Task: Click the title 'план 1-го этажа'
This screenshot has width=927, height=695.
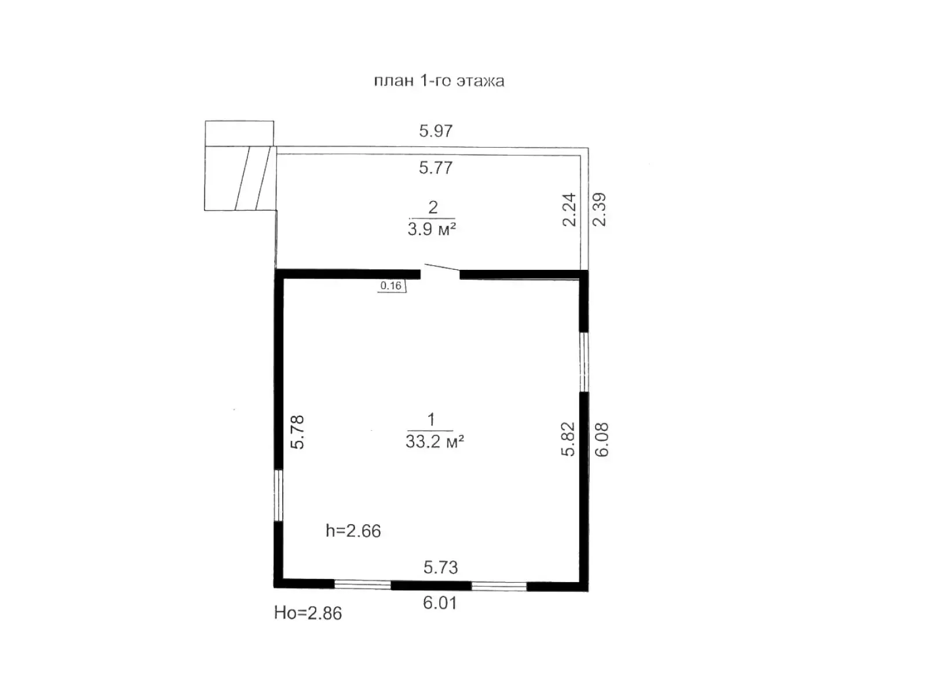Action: coord(439,81)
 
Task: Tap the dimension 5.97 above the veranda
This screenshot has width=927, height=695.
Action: coord(436,131)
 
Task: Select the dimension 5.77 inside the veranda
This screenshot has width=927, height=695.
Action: coord(436,168)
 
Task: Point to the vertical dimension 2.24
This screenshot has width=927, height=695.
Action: coord(570,210)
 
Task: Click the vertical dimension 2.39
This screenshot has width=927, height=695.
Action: coord(600,210)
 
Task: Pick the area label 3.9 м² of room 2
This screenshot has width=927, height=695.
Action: coord(431,229)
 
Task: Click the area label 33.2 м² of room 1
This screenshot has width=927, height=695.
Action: coord(435,442)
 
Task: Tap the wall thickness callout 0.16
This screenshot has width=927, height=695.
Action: coord(391,286)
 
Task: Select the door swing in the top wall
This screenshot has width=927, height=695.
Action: coord(440,269)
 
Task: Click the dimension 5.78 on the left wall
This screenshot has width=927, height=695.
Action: coord(297,432)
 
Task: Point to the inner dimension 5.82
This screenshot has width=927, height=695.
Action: coord(568,439)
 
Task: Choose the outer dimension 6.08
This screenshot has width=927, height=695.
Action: coord(602,440)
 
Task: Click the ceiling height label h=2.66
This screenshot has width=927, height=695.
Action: coord(353,531)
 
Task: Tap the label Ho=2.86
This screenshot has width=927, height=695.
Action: coord(308,613)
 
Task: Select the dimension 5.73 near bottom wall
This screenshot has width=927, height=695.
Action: coord(440,568)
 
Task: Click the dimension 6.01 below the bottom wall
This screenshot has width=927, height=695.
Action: coord(440,603)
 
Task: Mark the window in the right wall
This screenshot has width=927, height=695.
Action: coord(583,362)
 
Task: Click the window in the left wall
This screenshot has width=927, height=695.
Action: coord(278,495)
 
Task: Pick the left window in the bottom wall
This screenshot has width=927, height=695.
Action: coord(363,584)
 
